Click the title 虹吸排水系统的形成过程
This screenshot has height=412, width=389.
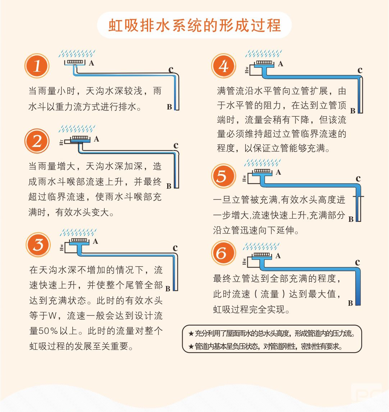(x=194, y=26)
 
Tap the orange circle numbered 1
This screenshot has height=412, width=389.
(x=37, y=66)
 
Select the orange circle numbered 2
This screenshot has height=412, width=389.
(x=37, y=141)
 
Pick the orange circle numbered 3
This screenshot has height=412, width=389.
(x=38, y=245)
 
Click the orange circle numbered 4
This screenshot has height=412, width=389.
(x=224, y=66)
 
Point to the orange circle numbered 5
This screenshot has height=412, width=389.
(x=224, y=176)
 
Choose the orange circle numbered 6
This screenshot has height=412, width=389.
(x=224, y=253)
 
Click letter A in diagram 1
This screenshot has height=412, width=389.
(x=91, y=63)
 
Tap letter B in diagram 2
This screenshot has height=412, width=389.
(x=169, y=186)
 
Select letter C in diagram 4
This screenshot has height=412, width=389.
(x=360, y=70)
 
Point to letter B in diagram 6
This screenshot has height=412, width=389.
(x=351, y=303)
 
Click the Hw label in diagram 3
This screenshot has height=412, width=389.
(x=61, y=247)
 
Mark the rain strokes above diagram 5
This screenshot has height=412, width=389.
(x=262, y=163)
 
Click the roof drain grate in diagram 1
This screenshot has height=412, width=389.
(x=75, y=62)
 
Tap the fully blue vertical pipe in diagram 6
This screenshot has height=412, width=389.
(x=358, y=288)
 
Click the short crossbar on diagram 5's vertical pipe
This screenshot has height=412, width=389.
(x=358, y=197)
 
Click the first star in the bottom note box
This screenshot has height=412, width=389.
(x=191, y=334)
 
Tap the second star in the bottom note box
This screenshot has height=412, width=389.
(x=191, y=346)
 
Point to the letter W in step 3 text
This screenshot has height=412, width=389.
(x=52, y=315)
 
